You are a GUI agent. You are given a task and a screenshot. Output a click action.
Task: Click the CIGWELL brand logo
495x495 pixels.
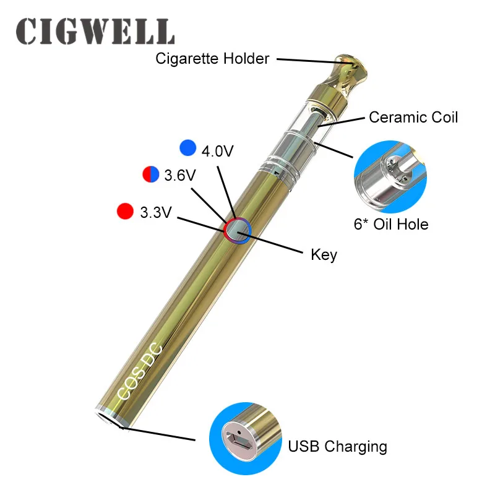[95, 30]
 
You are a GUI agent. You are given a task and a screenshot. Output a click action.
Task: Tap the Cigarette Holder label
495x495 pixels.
[212, 59]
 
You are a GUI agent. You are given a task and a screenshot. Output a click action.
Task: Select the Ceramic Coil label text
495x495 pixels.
[413, 117]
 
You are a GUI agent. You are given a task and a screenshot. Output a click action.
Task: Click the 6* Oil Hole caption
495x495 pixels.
[390, 223]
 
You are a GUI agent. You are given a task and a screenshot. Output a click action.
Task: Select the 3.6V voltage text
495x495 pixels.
[180, 176]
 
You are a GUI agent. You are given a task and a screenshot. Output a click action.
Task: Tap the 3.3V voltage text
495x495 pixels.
[155, 213]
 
